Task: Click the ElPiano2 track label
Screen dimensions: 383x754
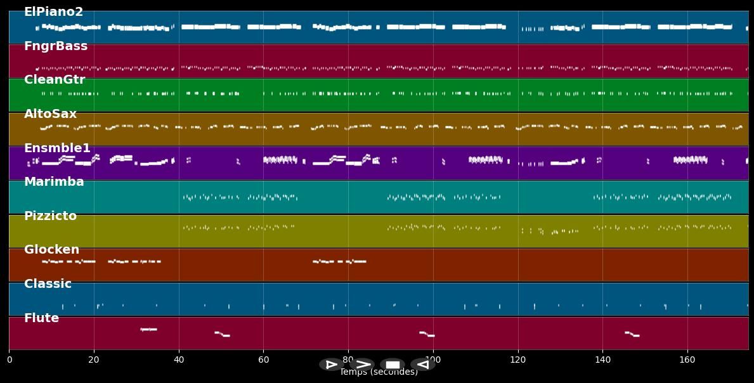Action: pyautogui.click(x=53, y=12)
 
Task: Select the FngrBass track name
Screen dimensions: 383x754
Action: pyautogui.click(x=56, y=46)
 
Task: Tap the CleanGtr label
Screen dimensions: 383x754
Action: pyautogui.click(x=55, y=80)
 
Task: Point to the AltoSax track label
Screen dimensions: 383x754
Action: pyautogui.click(x=50, y=114)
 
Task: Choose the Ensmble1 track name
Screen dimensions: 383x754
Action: pyautogui.click(x=57, y=148)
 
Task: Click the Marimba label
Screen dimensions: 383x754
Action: pyautogui.click(x=54, y=182)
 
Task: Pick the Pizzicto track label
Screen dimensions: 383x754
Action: pyautogui.click(x=50, y=216)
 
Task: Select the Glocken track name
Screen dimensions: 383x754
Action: pyautogui.click(x=51, y=250)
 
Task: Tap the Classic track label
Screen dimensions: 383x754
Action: pyautogui.click(x=48, y=283)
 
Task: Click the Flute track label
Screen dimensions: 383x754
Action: pyautogui.click(x=41, y=318)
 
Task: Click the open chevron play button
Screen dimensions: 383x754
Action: pyautogui.click(x=362, y=365)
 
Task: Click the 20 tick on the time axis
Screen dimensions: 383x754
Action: pyautogui.click(x=94, y=360)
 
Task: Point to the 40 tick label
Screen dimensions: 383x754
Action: pyautogui.click(x=179, y=360)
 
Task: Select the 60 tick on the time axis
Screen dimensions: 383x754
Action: pyautogui.click(x=264, y=360)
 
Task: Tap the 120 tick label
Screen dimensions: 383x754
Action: pyautogui.click(x=518, y=360)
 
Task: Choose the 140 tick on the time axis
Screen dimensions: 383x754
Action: pyautogui.click(x=602, y=360)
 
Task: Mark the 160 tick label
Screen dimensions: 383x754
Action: pyautogui.click(x=687, y=360)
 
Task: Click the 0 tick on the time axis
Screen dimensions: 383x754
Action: pyautogui.click(x=9, y=360)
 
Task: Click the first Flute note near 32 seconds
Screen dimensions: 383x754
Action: pyautogui.click(x=148, y=329)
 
